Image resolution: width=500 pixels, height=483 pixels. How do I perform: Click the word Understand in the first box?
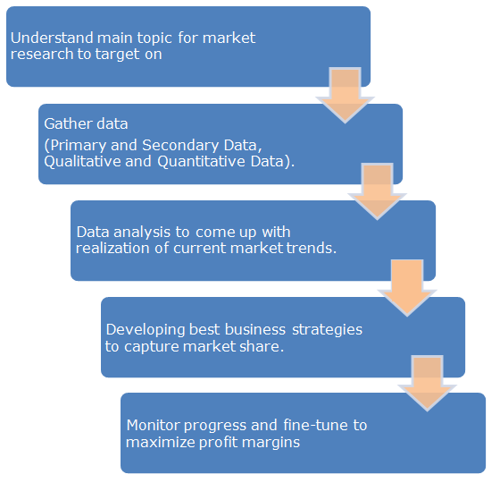[x=52, y=38]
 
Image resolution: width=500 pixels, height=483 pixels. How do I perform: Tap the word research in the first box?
[x=42, y=54]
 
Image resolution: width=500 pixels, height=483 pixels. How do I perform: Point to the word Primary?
[x=79, y=146]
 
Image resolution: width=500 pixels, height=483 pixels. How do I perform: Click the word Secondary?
[x=180, y=145]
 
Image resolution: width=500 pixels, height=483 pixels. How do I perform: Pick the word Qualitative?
[x=82, y=161]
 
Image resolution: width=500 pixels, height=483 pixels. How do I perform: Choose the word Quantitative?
[x=202, y=161]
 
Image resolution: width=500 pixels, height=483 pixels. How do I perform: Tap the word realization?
[x=112, y=248]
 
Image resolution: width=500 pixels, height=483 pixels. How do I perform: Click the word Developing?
[x=145, y=330]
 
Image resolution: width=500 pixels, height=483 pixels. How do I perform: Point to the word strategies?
[x=327, y=330]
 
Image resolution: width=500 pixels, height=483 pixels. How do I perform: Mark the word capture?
[x=152, y=347]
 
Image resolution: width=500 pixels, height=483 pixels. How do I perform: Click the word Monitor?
[x=154, y=425]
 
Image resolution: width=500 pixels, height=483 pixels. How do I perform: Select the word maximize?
[x=161, y=443]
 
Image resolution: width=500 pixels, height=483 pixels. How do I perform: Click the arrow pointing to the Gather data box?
[x=345, y=95]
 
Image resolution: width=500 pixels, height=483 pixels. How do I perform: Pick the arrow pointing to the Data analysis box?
[x=377, y=191]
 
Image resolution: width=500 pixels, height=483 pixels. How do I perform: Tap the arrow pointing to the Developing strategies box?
[x=407, y=288]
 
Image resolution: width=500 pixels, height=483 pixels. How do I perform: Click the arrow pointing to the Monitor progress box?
[x=428, y=384]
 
